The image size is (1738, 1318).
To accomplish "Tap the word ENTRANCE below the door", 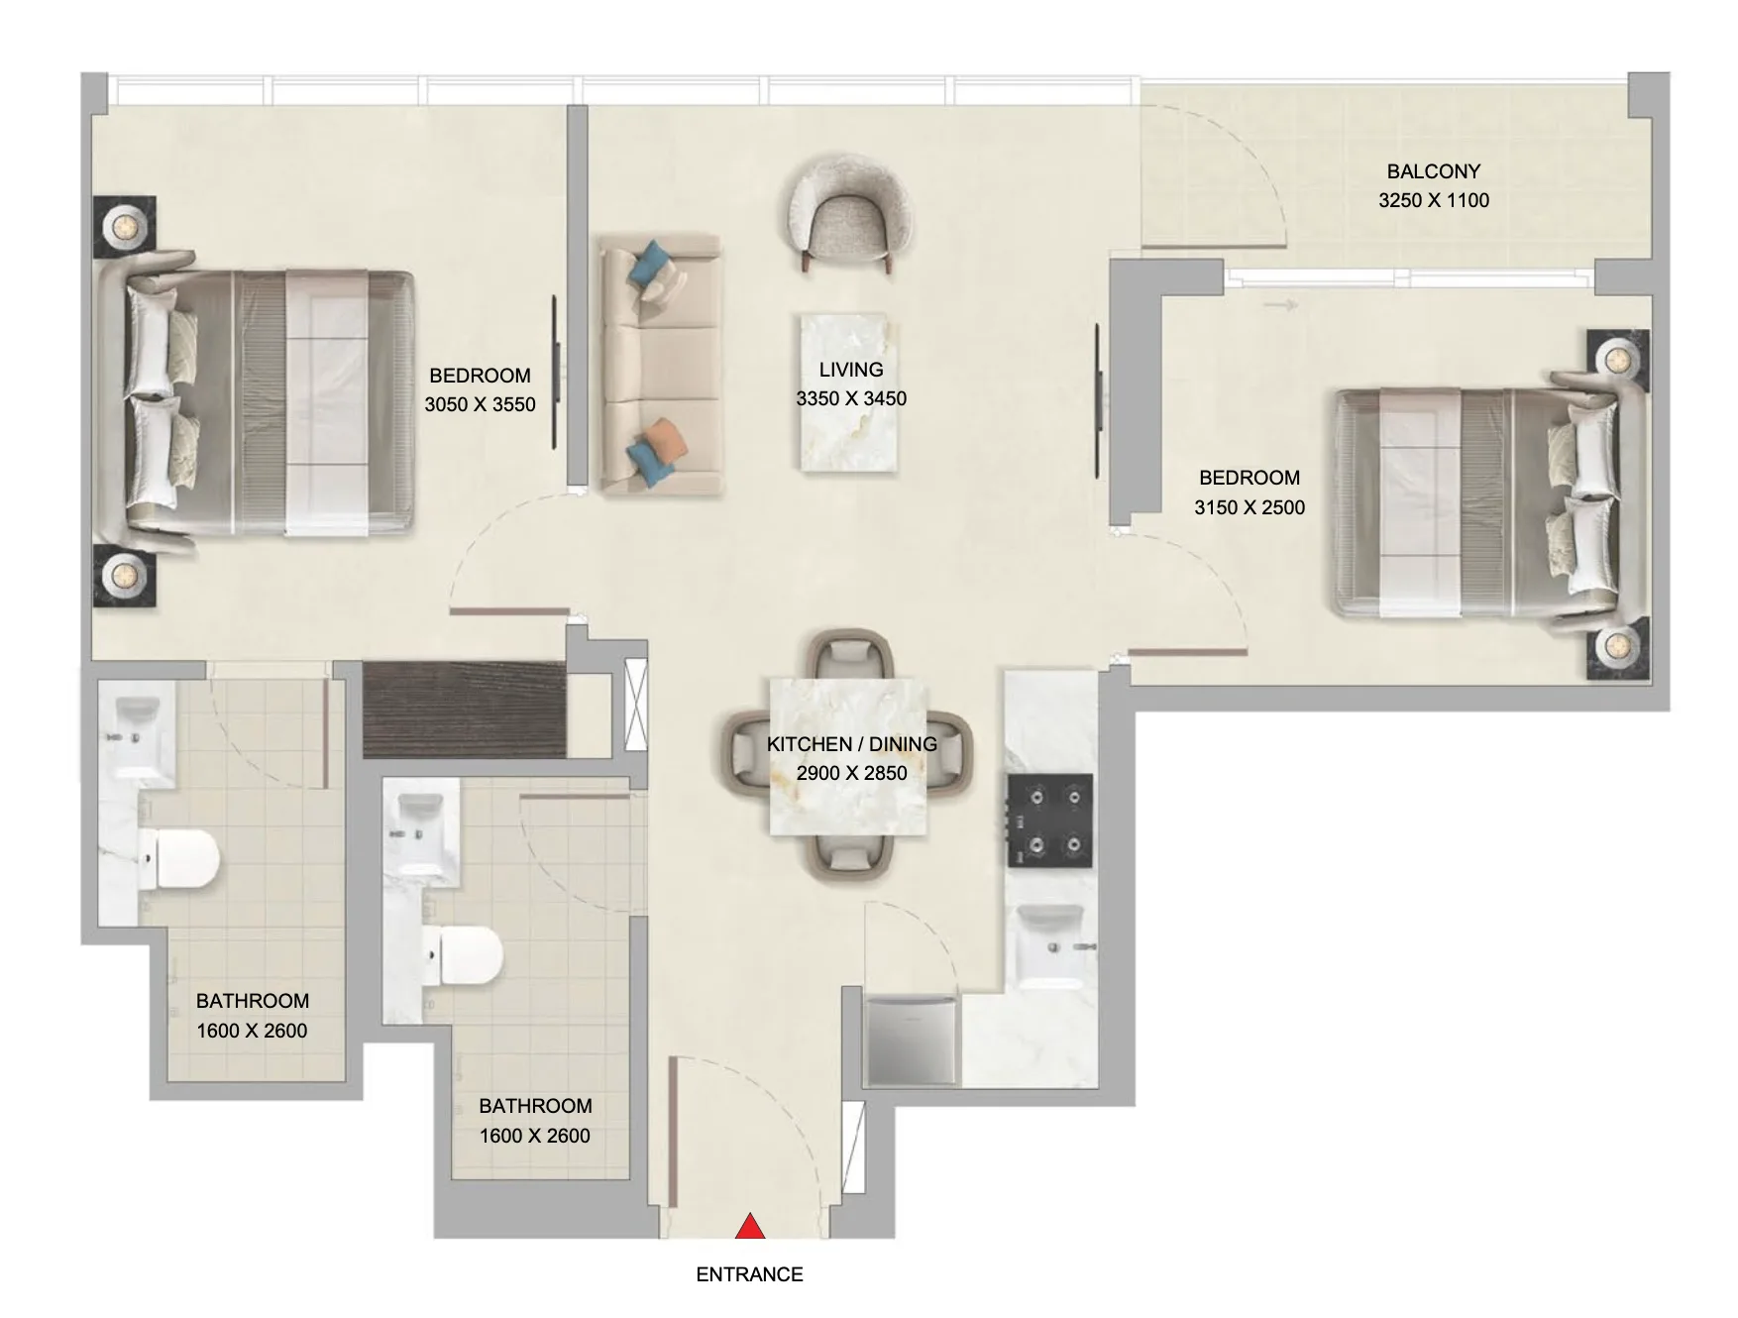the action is pyautogui.click(x=749, y=1274).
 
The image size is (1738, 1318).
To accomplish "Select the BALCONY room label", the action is pyautogui.click(x=1433, y=171).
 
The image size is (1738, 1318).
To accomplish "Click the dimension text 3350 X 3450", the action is pyautogui.click(x=851, y=398).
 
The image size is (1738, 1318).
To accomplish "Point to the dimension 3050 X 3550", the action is pyautogui.click(x=480, y=404).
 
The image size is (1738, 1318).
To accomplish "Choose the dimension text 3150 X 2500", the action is pyautogui.click(x=1249, y=507).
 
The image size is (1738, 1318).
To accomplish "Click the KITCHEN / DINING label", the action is pyautogui.click(x=851, y=743).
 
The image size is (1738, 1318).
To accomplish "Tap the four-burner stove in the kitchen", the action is pyautogui.click(x=1050, y=822).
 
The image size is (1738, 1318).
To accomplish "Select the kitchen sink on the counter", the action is pyautogui.click(x=1050, y=946).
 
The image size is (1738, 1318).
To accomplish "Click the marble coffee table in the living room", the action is pyautogui.click(x=851, y=392).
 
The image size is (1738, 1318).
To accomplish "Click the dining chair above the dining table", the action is pyautogui.click(x=851, y=656).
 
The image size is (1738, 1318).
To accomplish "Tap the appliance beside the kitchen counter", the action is pyautogui.click(x=912, y=1042).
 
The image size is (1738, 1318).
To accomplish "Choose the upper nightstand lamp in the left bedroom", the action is pyautogui.click(x=125, y=227).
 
